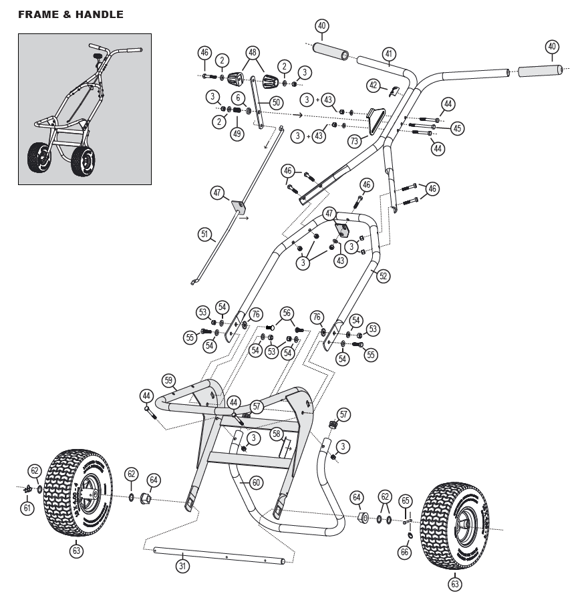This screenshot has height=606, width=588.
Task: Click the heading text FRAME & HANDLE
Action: (x=71, y=15)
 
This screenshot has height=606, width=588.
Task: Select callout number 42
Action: (x=374, y=85)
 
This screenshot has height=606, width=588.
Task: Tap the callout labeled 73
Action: (x=354, y=141)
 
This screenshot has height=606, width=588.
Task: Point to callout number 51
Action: (x=204, y=234)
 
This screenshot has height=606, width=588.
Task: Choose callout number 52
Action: (x=382, y=275)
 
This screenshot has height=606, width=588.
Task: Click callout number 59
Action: (x=169, y=381)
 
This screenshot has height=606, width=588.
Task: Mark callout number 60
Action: (x=256, y=482)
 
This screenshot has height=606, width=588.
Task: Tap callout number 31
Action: (x=182, y=566)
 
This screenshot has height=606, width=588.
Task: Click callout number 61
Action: (x=27, y=508)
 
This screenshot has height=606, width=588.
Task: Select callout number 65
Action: (x=406, y=500)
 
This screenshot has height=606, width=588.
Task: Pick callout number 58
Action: (x=275, y=434)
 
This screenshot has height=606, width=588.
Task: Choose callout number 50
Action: (x=276, y=102)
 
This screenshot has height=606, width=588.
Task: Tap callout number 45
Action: (x=456, y=128)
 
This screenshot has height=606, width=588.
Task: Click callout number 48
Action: (x=252, y=52)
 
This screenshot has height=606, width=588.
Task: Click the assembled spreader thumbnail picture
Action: (x=85, y=109)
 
